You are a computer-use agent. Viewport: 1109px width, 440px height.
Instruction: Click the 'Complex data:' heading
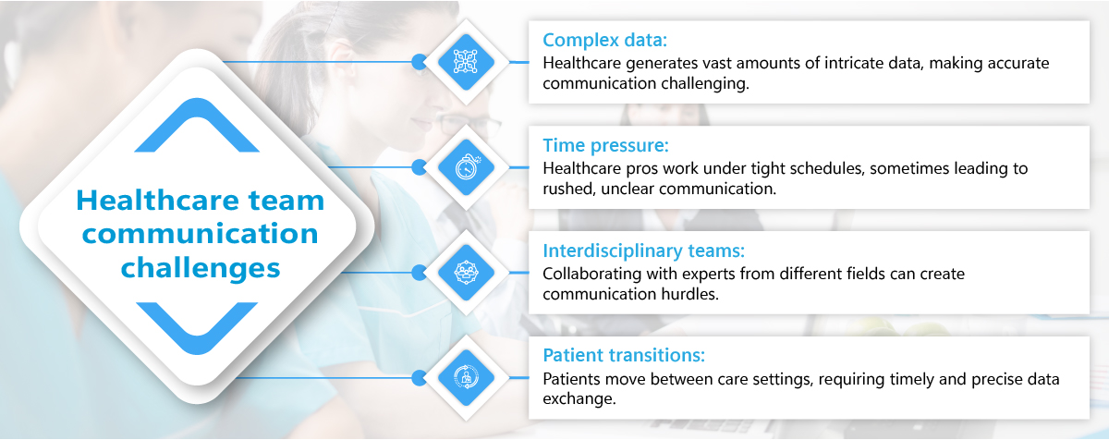604,40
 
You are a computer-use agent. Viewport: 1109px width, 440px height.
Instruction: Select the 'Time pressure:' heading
605,145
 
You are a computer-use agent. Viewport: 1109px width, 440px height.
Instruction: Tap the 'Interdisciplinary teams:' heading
643,251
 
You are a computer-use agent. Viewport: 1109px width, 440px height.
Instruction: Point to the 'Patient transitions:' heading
624,355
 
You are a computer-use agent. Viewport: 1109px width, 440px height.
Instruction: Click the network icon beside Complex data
466,62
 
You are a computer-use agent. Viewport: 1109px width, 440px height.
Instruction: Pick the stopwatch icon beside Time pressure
467,167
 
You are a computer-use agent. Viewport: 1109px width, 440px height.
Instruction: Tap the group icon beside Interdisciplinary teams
466,272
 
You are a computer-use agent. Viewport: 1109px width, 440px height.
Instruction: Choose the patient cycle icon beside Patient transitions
466,378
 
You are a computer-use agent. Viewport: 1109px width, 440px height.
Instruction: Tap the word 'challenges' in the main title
201,268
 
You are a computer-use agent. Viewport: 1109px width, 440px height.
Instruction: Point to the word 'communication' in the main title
200,234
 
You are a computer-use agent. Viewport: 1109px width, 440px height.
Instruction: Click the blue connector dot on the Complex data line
420,62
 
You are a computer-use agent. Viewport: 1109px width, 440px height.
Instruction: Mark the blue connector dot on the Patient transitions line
420,378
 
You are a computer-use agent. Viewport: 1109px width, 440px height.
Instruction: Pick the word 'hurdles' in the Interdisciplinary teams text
689,294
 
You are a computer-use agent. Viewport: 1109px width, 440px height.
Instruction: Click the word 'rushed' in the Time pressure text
569,189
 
